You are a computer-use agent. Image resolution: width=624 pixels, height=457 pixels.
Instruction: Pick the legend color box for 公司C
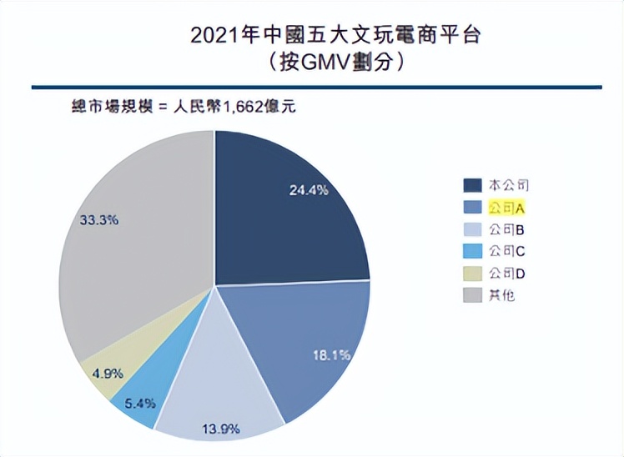click(x=471, y=250)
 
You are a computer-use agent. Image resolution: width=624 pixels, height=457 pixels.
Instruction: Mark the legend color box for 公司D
click(x=471, y=273)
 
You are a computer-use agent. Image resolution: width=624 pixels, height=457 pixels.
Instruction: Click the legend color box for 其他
click(x=471, y=294)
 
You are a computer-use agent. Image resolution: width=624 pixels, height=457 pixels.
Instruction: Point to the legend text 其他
click(x=501, y=294)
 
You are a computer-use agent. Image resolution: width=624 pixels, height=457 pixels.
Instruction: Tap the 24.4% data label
click(x=309, y=189)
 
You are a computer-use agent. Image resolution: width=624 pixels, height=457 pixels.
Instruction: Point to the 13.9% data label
click(x=221, y=429)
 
